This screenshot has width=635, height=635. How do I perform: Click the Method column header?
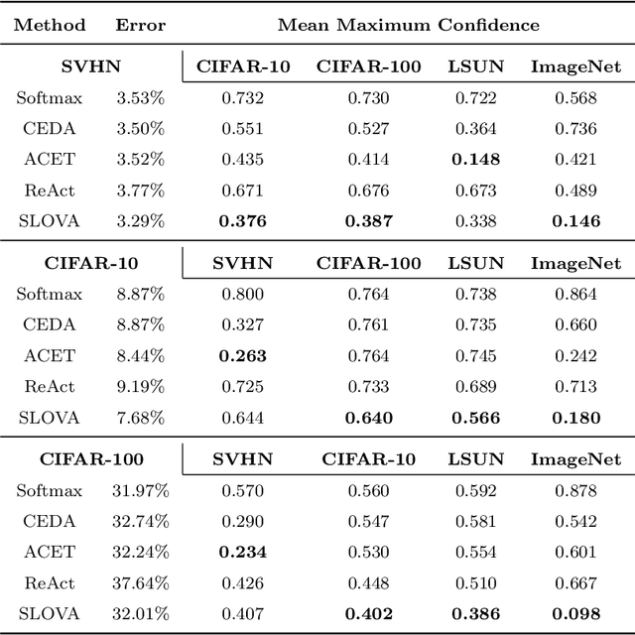click(49, 25)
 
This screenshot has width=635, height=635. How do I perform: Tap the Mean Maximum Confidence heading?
click(409, 25)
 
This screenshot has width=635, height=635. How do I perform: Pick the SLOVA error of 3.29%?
click(140, 220)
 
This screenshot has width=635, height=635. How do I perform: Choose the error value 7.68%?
click(140, 416)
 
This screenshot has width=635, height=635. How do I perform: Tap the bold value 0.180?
click(575, 416)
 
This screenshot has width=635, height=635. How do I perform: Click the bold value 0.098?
click(575, 612)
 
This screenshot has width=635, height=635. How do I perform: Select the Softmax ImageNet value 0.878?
click(575, 489)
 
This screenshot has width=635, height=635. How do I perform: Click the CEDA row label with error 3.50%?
click(43, 128)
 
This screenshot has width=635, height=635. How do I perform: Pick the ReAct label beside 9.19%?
click(43, 385)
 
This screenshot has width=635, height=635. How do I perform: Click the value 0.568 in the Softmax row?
click(575, 97)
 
